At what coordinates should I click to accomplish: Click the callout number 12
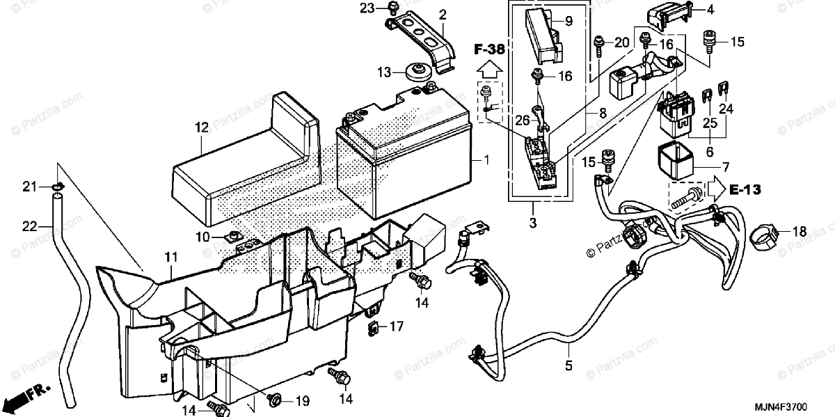click(202, 128)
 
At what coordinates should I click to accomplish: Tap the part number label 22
click(29, 226)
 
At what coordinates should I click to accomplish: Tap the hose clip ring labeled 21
click(57, 187)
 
